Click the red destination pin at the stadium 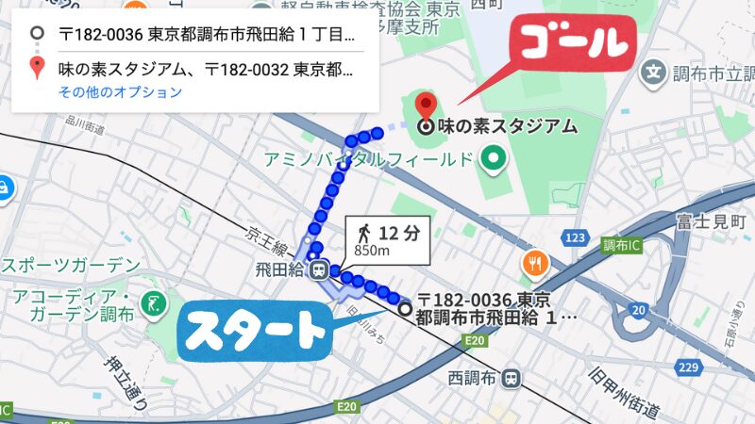[x=427, y=107]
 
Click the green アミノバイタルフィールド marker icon [x=491, y=159]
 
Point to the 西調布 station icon [x=511, y=378]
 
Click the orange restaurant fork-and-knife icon [x=535, y=262]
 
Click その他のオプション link [x=120, y=92]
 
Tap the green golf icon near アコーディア [x=153, y=303]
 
